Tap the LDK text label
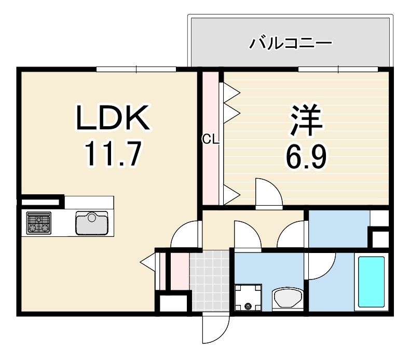(113, 118)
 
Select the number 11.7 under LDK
(113, 154)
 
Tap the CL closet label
(211, 139)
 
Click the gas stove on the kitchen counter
(39, 223)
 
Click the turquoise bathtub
(372, 282)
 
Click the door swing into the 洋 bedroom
(269, 193)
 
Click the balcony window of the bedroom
(338, 69)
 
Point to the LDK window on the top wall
(136, 69)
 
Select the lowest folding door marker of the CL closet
(231, 195)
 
